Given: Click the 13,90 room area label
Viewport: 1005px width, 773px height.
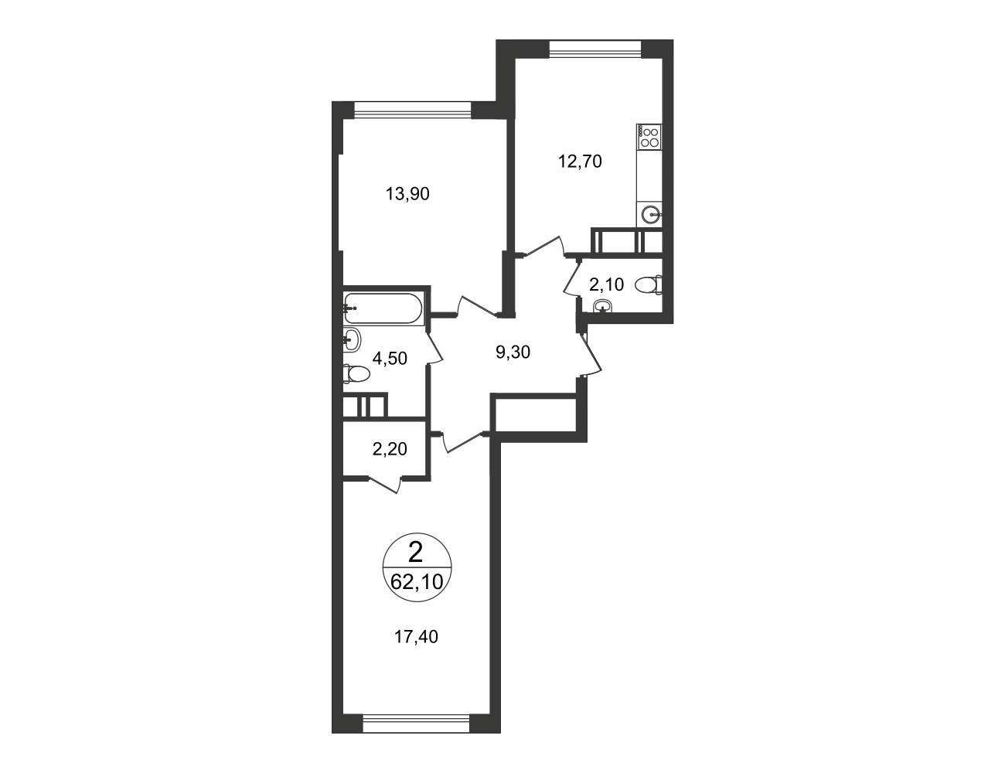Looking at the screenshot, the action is point(407,194).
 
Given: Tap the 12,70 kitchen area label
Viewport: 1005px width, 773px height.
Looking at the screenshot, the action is point(580,162).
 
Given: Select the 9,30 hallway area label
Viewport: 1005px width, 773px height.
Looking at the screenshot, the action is point(513,352).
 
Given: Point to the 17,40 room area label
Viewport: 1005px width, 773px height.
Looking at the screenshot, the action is point(416,637).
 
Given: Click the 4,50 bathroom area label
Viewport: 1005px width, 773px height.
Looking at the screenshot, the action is point(390,358).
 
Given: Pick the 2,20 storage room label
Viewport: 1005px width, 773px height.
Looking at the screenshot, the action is point(390,448).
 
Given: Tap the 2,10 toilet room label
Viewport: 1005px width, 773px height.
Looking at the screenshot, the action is point(606,284).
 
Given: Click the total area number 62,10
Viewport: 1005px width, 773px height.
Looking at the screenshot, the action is point(417,581).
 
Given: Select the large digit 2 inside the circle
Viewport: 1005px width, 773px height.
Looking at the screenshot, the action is point(416,553).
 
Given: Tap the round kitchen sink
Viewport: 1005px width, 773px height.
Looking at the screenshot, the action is point(652,214).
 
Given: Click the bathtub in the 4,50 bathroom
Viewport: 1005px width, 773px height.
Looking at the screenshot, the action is point(383,308).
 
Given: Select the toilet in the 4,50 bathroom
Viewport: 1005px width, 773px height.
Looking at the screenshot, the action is point(356,373).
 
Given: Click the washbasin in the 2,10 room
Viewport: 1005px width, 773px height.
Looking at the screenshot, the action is point(602,305).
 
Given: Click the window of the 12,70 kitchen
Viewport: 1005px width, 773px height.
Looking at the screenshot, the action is point(594,49).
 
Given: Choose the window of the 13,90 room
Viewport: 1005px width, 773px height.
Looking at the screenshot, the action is point(412,110).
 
